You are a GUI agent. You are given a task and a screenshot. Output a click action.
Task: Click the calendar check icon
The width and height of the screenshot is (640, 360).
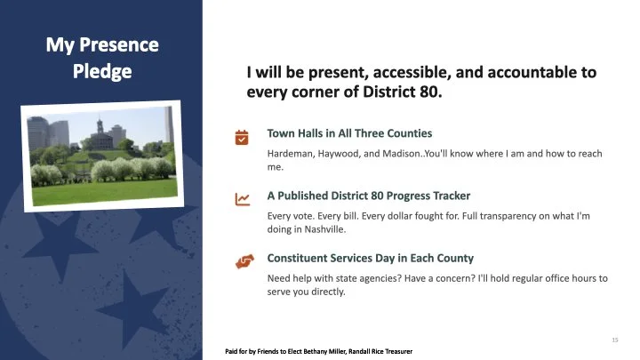(x=241, y=137)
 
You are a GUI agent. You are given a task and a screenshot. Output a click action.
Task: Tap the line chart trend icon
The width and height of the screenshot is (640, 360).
(x=241, y=199)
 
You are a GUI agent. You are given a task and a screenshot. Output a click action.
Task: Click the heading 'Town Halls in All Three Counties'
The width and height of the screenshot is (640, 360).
(x=349, y=133)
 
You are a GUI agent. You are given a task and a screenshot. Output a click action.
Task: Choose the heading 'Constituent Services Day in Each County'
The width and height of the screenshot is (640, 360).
(x=371, y=258)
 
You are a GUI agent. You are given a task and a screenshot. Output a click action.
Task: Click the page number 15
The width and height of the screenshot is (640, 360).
(x=614, y=340)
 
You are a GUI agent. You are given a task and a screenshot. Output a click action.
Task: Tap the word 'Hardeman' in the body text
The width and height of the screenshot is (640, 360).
(x=290, y=154)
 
